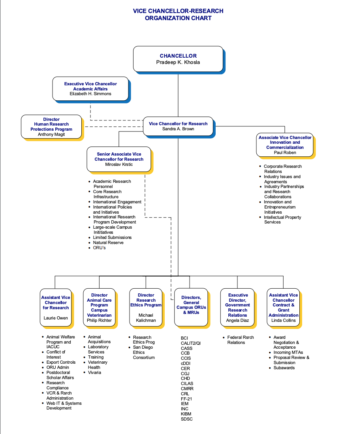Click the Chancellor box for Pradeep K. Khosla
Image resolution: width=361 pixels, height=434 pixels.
click(x=178, y=59)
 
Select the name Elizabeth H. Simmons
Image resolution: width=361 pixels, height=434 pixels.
click(x=90, y=94)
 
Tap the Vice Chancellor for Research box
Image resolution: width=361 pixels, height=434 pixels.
click(x=178, y=126)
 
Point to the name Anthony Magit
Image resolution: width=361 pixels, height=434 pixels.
click(x=51, y=135)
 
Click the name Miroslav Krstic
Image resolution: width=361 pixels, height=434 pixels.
click(x=119, y=165)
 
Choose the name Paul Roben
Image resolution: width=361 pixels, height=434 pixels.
click(x=285, y=152)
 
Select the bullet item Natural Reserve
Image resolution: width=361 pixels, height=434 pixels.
click(x=108, y=242)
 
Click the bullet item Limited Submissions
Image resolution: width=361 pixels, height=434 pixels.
click(x=112, y=237)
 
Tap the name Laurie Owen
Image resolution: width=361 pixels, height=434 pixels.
click(x=56, y=318)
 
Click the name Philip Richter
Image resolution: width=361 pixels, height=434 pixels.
click(x=99, y=320)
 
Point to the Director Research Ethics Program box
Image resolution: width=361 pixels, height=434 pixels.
click(x=146, y=307)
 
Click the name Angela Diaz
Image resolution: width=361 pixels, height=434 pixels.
click(x=237, y=320)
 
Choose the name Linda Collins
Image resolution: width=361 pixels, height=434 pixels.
click(x=283, y=320)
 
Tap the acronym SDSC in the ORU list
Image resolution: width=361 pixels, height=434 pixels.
click(x=187, y=419)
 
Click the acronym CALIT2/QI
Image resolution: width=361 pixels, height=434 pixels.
click(x=191, y=343)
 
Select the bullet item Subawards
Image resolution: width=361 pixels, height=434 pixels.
click(x=284, y=368)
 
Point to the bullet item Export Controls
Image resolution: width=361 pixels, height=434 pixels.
click(x=61, y=362)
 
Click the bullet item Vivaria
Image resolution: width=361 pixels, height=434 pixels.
click(x=94, y=372)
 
